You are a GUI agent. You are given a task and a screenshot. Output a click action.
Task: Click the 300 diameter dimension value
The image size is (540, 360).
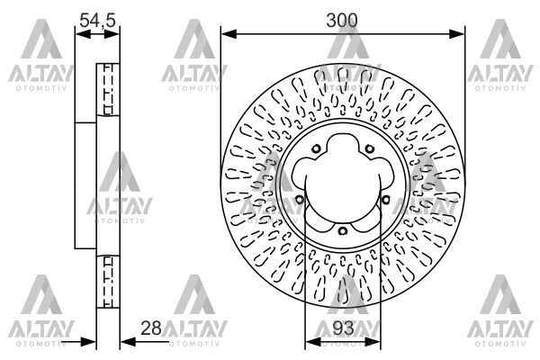342,21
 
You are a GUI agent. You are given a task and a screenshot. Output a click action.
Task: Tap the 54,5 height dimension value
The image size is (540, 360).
97,21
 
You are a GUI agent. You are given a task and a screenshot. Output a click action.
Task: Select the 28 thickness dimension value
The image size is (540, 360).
151,328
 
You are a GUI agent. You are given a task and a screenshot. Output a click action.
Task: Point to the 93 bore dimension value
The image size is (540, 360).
344,328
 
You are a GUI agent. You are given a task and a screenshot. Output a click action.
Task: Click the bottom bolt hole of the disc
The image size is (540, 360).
342,230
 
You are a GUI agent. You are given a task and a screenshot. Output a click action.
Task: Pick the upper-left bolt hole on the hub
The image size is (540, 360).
316,149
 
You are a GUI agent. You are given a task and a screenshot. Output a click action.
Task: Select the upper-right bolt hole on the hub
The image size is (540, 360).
369,149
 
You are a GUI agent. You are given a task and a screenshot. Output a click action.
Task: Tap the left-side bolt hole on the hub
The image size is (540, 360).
300,199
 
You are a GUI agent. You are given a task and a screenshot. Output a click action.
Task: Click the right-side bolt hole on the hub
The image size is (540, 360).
386,199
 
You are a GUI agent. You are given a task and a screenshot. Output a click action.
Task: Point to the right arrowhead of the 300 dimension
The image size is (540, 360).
456,34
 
